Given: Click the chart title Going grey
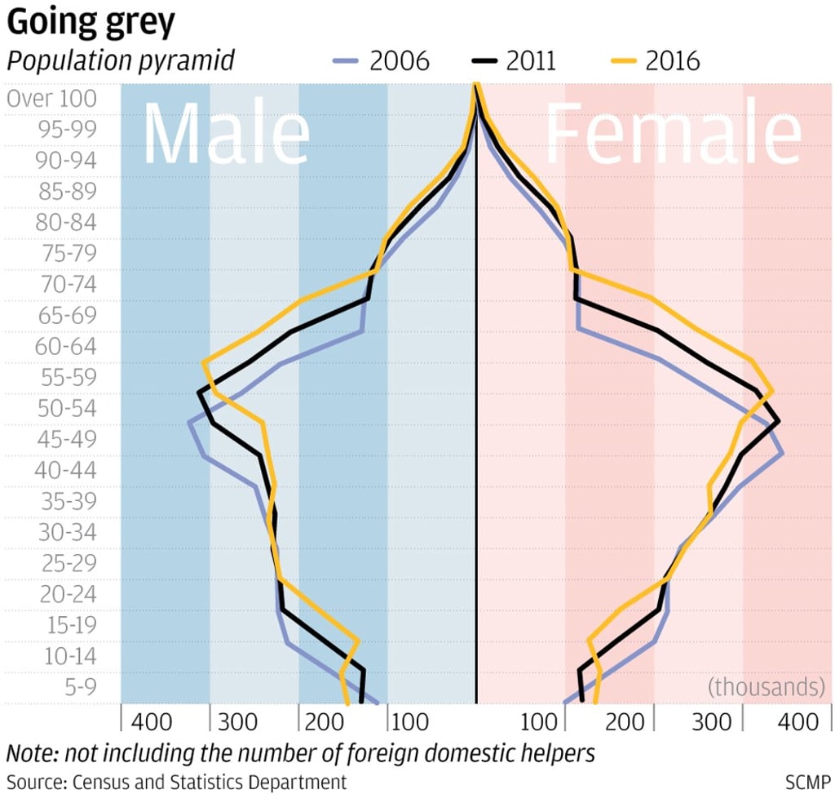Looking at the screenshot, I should click(91, 23).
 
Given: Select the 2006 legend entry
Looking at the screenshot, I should click(382, 61).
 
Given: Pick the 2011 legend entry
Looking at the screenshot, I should click(515, 61).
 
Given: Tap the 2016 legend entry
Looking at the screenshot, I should click(654, 61).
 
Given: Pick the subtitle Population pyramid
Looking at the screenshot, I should click(121, 61).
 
